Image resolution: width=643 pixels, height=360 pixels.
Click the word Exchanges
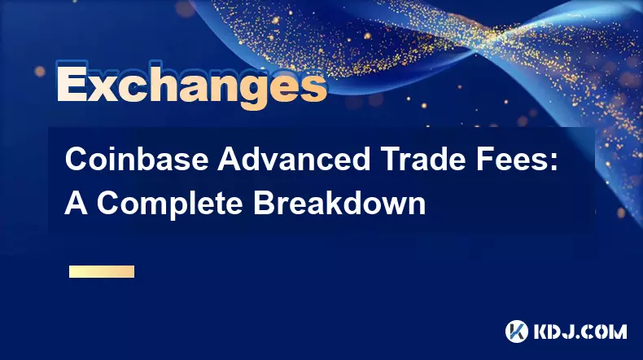pyautogui.click(x=191, y=86)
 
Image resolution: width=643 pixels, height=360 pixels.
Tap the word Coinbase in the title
pyautogui.click(x=137, y=160)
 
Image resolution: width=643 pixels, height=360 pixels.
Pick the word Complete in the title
pyautogui.click(x=170, y=203)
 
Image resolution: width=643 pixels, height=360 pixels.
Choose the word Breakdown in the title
pyautogui.click(x=339, y=203)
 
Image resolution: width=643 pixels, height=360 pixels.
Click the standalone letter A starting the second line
pyautogui.click(x=76, y=203)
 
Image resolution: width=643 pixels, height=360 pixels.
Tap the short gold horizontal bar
pyautogui.click(x=102, y=271)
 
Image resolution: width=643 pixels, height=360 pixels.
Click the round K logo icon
pyautogui.click(x=517, y=331)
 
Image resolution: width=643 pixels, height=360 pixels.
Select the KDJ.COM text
pyautogui.click(x=580, y=331)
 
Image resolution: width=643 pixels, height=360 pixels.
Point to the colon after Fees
pyautogui.click(x=553, y=163)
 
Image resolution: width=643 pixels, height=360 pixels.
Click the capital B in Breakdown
pyautogui.click(x=264, y=203)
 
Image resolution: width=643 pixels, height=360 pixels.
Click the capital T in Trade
pyautogui.click(x=391, y=160)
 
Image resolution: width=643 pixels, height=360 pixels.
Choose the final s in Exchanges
pyautogui.click(x=313, y=88)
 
